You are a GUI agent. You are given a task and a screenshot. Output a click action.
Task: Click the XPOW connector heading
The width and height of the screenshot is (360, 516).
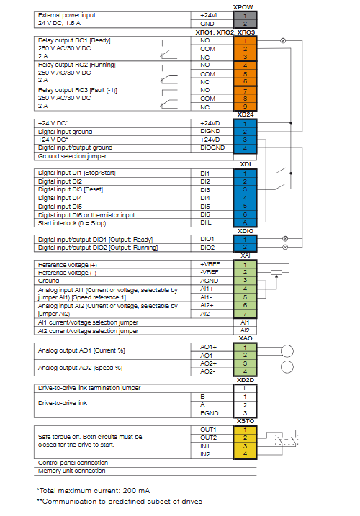coord(243,7)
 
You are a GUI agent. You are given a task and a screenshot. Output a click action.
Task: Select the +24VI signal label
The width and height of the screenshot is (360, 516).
coord(209,15)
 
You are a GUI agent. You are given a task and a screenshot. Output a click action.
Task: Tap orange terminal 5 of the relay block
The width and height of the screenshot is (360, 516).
coord(245,73)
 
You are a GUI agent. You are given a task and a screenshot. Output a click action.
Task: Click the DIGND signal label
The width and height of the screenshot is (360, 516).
coord(210,131)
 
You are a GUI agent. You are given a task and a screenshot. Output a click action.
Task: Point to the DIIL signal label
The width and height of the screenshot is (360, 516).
coord(206,222)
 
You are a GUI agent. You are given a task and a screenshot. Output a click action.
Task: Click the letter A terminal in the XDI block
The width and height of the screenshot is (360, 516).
coord(245,222)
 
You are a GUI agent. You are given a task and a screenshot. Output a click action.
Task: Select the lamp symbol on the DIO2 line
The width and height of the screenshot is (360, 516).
coord(285,247)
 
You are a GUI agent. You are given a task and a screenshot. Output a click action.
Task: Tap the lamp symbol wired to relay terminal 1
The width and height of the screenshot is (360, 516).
coord(282,41)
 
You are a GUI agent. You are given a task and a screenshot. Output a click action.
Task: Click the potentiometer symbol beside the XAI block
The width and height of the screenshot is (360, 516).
coord(276,272)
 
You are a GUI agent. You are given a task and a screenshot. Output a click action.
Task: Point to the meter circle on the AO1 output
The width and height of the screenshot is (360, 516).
coord(287,351)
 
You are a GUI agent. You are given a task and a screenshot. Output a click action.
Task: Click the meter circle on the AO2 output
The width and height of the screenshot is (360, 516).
coord(287,367)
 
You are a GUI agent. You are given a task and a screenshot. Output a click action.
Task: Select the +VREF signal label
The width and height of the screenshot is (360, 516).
coord(210,264)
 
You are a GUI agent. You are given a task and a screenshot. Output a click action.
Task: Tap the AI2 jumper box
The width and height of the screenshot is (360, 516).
coord(245,330)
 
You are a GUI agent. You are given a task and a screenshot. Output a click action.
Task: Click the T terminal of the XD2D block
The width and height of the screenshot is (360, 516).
coord(245,388)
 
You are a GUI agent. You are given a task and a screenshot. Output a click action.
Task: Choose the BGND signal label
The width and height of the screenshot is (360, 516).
coord(210,413)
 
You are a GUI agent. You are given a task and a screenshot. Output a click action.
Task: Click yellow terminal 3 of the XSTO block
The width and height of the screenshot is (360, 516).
coord(245,446)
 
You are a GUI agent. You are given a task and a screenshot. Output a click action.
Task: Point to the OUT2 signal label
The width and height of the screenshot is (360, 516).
coord(209,438)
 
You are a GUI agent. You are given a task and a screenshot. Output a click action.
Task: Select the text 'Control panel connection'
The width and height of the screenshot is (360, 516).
coord(73,463)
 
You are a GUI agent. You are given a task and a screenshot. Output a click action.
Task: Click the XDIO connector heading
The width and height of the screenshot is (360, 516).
coord(246,231)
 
